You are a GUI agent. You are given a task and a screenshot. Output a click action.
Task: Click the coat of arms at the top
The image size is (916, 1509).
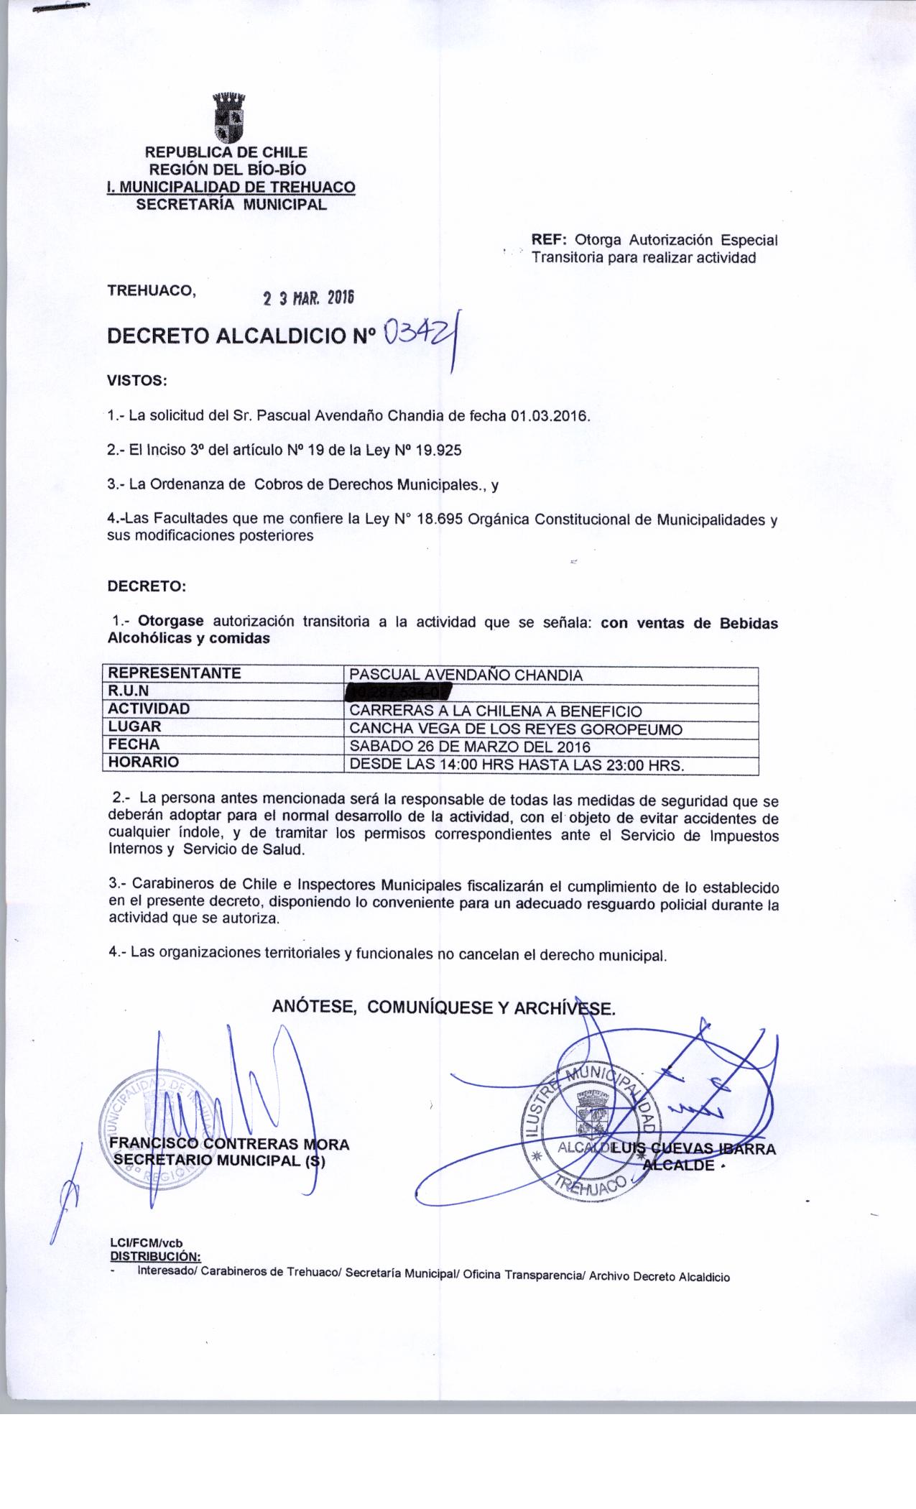click(229, 117)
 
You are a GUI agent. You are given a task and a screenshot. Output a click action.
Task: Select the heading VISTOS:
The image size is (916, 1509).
click(137, 380)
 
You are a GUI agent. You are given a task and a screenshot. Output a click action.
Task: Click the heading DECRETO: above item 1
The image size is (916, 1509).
click(147, 586)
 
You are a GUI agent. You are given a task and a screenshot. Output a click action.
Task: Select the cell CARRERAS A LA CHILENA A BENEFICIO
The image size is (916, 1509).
click(495, 711)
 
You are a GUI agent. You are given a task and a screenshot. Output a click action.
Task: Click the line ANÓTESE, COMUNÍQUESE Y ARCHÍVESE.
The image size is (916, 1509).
click(443, 1007)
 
